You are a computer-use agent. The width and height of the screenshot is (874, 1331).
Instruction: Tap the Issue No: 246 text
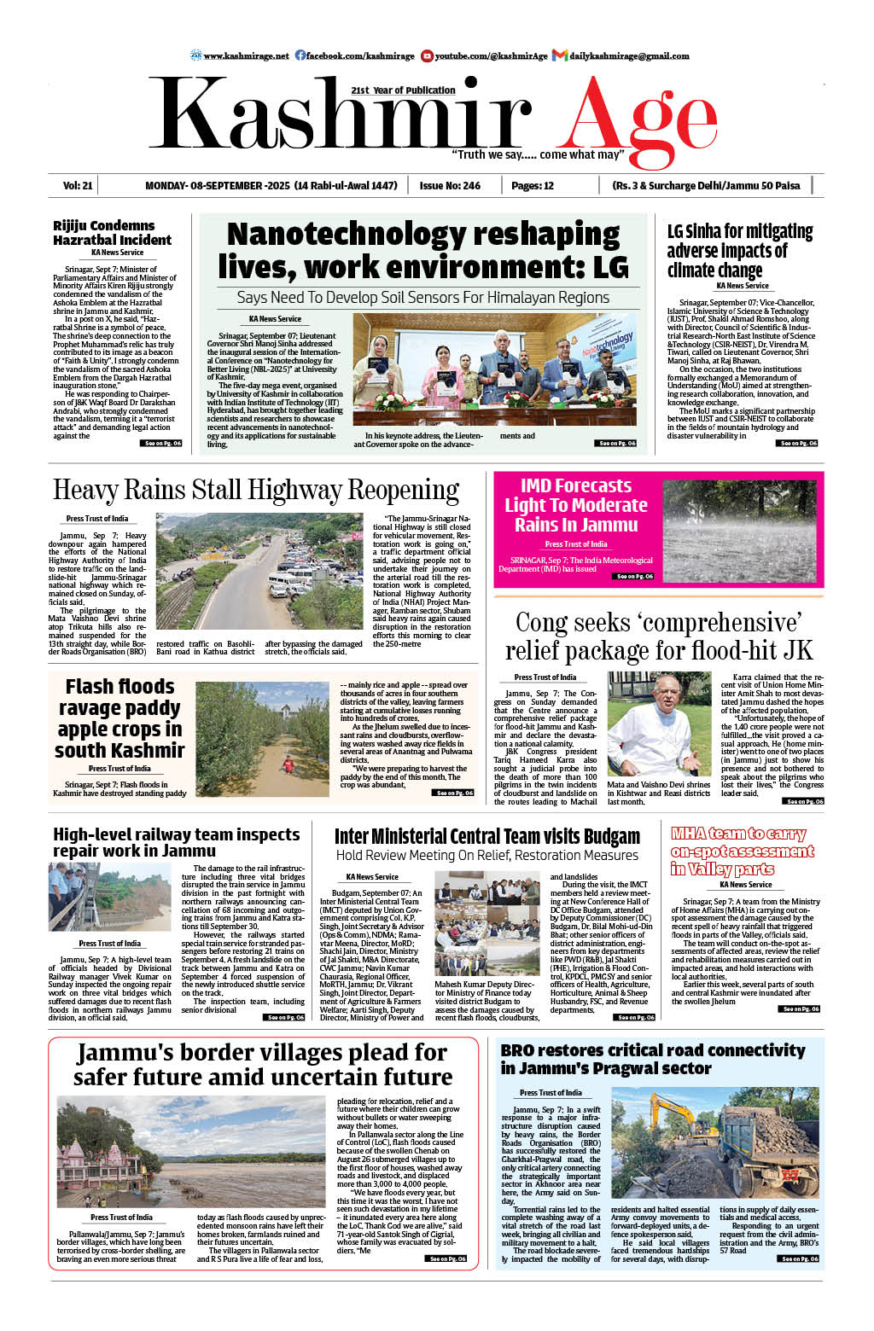[x=449, y=185]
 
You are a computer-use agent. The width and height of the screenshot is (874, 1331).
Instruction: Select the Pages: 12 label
[x=533, y=185]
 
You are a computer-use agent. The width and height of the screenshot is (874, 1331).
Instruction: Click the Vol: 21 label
[x=78, y=185]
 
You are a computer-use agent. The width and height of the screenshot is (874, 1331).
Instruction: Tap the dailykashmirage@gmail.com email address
[x=629, y=55]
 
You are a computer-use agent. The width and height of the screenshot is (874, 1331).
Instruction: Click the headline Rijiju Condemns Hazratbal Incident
[x=112, y=233]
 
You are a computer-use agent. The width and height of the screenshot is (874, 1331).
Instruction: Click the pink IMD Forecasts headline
[x=576, y=505]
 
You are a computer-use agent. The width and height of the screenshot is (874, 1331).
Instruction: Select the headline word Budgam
[x=606, y=836]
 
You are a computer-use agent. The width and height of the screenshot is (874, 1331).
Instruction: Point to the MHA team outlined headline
[x=742, y=851]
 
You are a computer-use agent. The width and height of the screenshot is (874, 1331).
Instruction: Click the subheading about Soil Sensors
[x=423, y=298]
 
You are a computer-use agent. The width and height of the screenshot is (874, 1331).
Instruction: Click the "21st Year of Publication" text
[x=403, y=90]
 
